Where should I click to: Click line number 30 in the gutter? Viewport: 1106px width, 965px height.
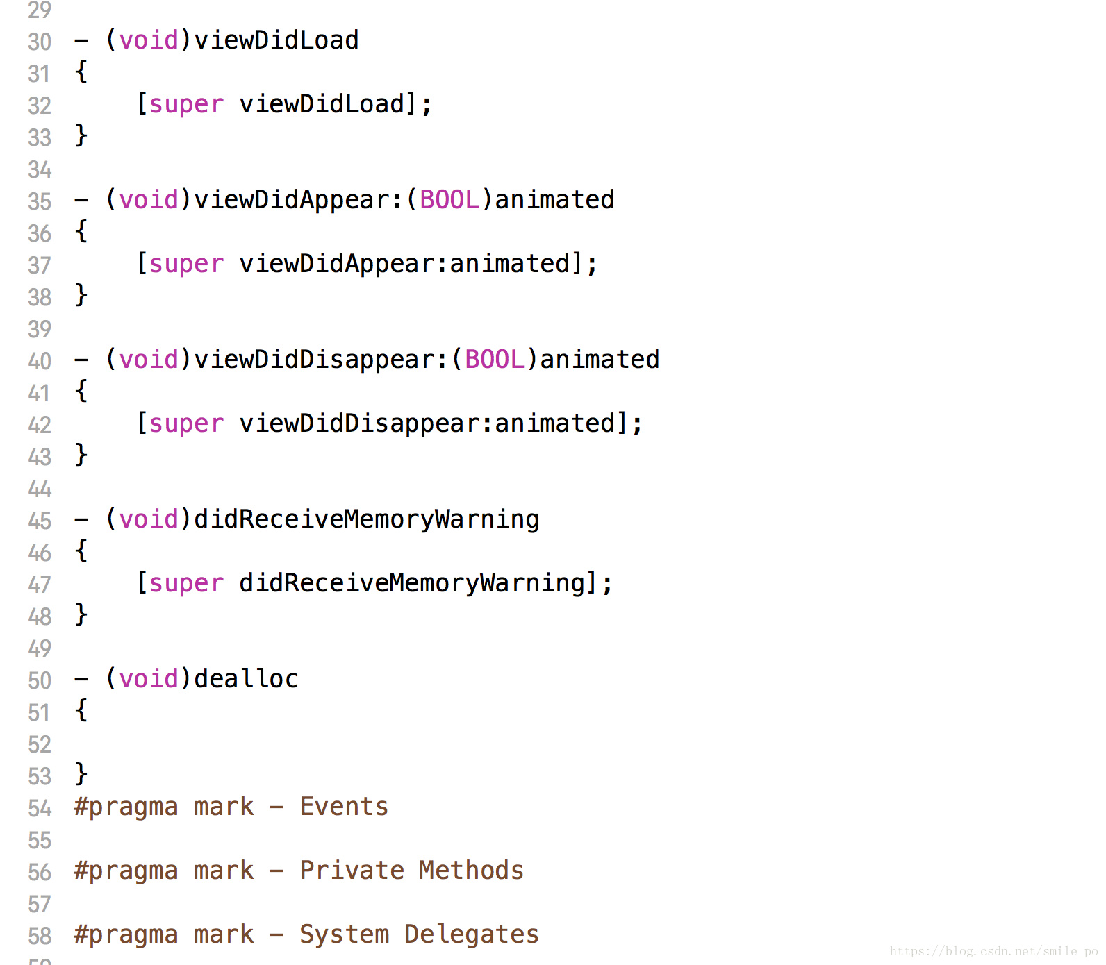pyautogui.click(x=40, y=42)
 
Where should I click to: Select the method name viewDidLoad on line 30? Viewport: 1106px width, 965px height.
pyautogui.click(x=276, y=40)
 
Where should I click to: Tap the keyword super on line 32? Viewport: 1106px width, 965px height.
pyautogui.click(x=186, y=104)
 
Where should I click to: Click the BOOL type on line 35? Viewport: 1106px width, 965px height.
pyautogui.click(x=449, y=200)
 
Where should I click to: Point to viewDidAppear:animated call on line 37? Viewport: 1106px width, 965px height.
pyautogui.click(x=404, y=264)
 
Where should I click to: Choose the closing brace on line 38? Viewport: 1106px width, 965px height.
pyautogui.click(x=81, y=295)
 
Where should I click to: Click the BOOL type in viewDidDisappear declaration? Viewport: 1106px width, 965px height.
pyautogui.click(x=495, y=360)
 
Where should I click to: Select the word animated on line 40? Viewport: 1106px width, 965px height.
pyautogui.click(x=600, y=360)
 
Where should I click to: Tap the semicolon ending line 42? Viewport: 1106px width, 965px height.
pyautogui.click(x=637, y=423)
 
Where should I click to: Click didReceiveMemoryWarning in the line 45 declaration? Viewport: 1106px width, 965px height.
pyautogui.click(x=366, y=519)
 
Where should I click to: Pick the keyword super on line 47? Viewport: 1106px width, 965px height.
pyautogui.click(x=186, y=583)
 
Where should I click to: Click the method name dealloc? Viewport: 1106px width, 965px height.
pyautogui.click(x=246, y=679)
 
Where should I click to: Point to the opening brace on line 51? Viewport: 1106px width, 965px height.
pyautogui.click(x=81, y=710)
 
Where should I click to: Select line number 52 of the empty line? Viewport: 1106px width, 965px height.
pyautogui.click(x=40, y=744)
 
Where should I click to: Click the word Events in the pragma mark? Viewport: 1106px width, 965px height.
pyautogui.click(x=344, y=807)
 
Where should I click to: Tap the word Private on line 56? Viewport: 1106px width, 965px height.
pyautogui.click(x=352, y=871)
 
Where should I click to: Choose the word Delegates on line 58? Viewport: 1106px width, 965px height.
pyautogui.click(x=471, y=934)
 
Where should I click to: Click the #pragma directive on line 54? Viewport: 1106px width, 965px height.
pyautogui.click(x=126, y=807)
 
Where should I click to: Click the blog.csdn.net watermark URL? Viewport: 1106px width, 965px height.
pyautogui.click(x=993, y=951)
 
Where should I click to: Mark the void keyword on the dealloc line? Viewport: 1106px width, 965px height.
pyautogui.click(x=149, y=679)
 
